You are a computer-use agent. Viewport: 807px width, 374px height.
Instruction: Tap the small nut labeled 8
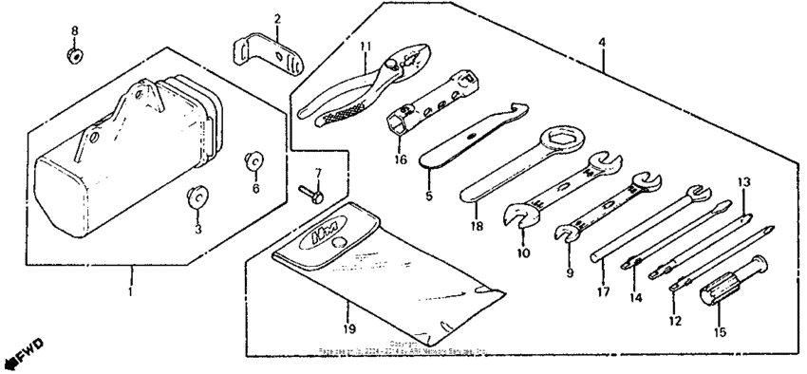[74, 56]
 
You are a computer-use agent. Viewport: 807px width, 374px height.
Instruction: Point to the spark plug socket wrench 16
[427, 102]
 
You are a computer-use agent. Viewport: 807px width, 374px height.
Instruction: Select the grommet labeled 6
[254, 162]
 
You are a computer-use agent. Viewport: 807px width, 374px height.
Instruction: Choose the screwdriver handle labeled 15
[720, 288]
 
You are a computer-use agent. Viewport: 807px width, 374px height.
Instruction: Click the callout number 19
[347, 329]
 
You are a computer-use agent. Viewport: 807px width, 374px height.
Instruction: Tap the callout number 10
[523, 253]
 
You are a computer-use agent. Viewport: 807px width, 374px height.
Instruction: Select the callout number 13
[744, 181]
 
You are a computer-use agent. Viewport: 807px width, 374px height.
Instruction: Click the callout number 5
[428, 197]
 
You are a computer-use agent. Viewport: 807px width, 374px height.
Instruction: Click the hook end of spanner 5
[518, 111]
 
